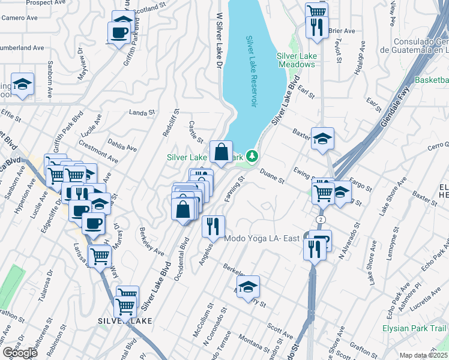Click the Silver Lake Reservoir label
point(252,71)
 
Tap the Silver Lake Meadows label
point(297,60)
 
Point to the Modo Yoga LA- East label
point(262,238)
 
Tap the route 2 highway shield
point(322,220)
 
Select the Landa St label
point(142,112)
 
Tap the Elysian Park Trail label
point(414,328)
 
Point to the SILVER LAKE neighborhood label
point(125,321)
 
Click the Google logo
point(20,352)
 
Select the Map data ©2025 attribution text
point(424,355)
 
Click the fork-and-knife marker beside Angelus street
point(213,226)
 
